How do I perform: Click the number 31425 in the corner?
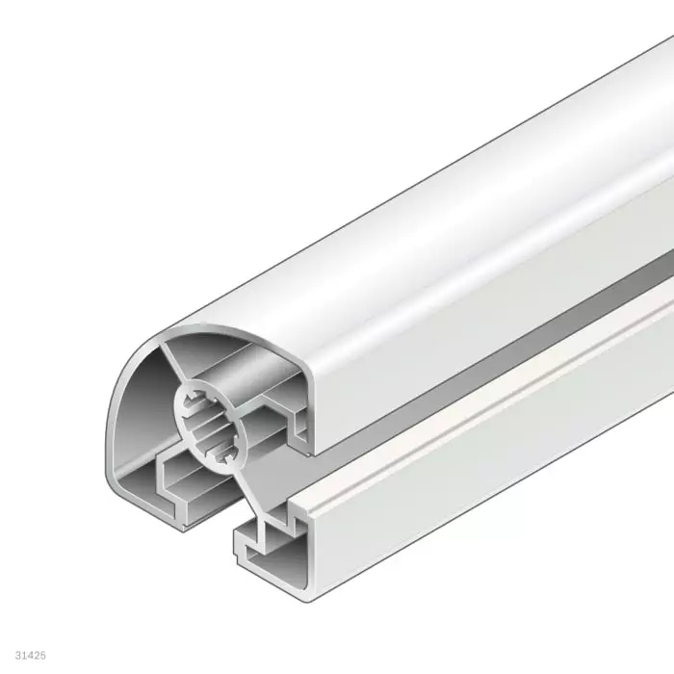pyautogui.click(x=31, y=655)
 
